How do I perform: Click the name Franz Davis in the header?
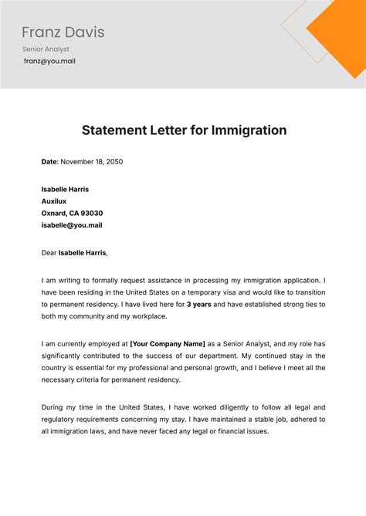click(x=63, y=32)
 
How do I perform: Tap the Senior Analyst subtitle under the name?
click(x=46, y=49)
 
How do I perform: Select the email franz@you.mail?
click(x=49, y=61)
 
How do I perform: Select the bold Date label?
click(x=49, y=162)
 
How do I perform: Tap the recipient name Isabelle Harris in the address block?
click(x=65, y=189)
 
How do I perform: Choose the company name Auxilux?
click(x=56, y=201)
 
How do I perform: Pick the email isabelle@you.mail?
click(x=71, y=225)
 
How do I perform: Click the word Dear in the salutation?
click(x=50, y=252)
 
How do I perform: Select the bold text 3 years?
click(x=200, y=305)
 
